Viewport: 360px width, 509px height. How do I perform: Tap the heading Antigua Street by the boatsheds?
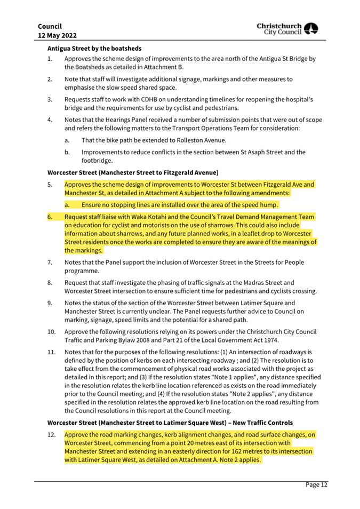tap(90, 47)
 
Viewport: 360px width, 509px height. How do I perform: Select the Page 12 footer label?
tap(316, 485)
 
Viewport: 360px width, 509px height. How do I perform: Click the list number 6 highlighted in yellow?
tap(50, 217)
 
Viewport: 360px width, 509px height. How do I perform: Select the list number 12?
tap(52, 435)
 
